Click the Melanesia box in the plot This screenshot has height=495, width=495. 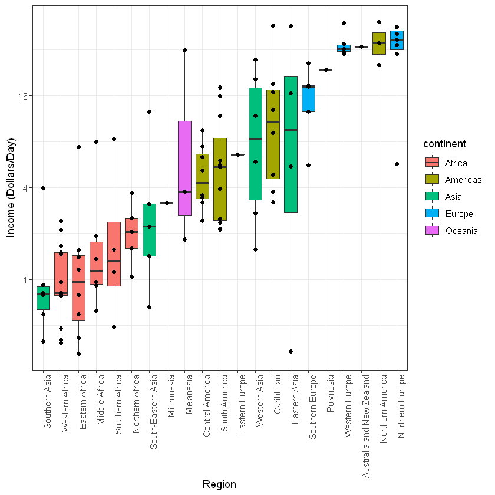coord(184,168)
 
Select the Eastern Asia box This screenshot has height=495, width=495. coord(291,144)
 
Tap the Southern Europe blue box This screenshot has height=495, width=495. coord(308,98)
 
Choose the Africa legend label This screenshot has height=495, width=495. coord(456,163)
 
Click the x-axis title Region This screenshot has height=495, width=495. coord(219,484)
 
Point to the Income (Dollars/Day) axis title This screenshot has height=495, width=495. coord(11,187)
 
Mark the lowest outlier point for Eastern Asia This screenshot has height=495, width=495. coord(291,351)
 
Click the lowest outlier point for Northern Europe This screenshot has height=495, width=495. coord(397,164)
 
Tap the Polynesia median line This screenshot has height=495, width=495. coord(326,70)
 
